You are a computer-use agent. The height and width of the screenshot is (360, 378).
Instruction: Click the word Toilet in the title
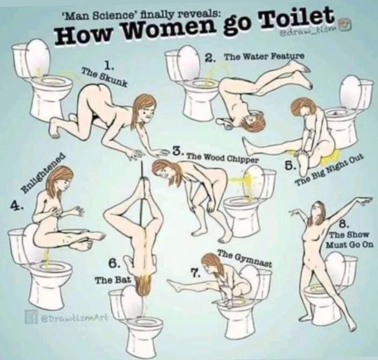(x=298, y=20)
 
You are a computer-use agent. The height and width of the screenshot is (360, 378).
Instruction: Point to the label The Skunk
(x=104, y=76)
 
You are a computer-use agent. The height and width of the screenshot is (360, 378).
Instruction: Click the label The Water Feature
(x=264, y=57)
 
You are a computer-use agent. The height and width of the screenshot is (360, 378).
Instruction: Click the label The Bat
(x=113, y=280)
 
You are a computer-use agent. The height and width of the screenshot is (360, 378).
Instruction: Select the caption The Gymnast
(x=245, y=259)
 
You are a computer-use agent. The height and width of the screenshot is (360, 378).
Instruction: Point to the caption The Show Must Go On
(x=350, y=239)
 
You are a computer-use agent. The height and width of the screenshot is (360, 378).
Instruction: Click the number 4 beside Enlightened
(x=16, y=206)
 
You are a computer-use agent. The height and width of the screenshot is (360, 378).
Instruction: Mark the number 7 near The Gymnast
(x=195, y=274)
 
